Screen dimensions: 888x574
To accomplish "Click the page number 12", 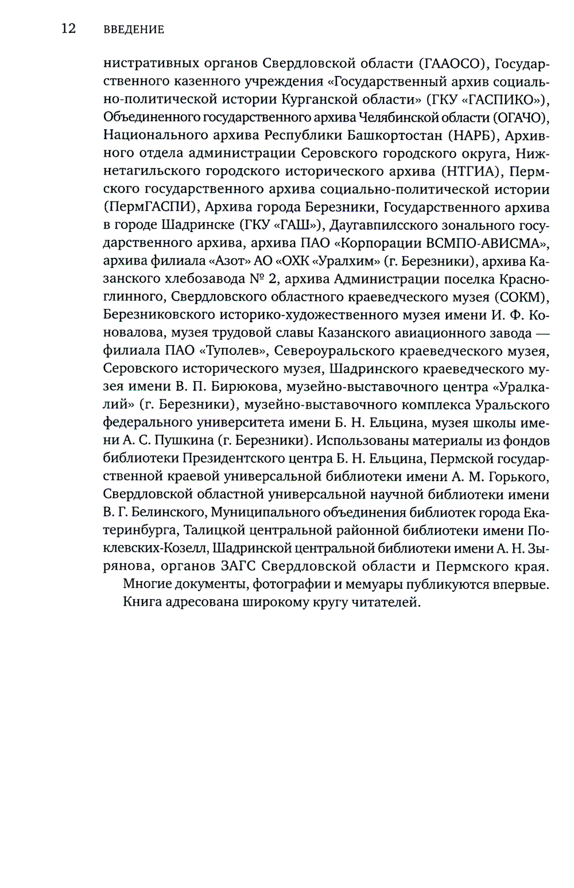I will (68, 29).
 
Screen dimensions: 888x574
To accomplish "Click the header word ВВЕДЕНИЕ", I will (134, 29).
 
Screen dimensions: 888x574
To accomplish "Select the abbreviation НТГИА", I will (470, 171).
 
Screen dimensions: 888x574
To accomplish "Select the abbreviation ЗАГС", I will (239, 566).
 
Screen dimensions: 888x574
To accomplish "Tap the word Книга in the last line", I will (142, 602).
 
